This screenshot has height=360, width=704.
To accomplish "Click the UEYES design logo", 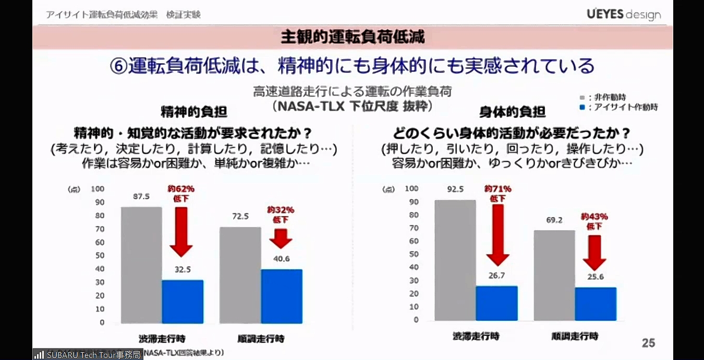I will [623, 14].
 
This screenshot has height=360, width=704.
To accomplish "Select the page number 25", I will [648, 343].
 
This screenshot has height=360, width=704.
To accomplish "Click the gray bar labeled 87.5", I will [141, 265].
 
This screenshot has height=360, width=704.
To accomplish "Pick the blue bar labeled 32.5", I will [183, 302].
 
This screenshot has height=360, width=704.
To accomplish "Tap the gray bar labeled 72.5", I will [240, 275].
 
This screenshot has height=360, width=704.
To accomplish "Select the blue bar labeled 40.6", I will [281, 296].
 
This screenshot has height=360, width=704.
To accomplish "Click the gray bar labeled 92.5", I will [455, 260].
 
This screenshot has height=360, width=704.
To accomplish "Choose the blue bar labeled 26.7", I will [496, 303].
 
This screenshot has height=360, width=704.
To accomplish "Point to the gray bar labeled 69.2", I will [554, 275].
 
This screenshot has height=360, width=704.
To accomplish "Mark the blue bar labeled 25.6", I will [596, 304].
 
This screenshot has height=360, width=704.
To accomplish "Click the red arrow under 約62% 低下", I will [181, 232].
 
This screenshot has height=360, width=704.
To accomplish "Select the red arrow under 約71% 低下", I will [497, 234].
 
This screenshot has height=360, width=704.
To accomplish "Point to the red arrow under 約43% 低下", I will [594, 253].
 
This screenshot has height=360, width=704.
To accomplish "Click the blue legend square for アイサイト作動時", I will [582, 107].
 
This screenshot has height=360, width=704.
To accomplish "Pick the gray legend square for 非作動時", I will [582, 97].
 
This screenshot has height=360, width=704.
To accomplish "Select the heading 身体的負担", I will [512, 112].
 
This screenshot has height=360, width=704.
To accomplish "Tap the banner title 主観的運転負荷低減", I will [353, 37].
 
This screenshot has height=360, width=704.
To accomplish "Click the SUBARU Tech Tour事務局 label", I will [88, 355].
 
